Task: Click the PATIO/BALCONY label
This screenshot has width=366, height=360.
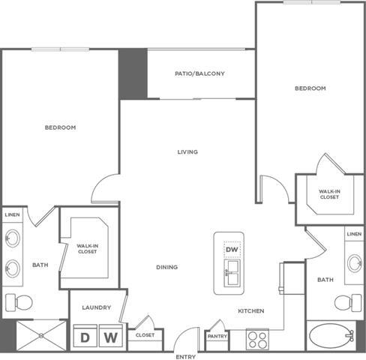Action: point(199,73)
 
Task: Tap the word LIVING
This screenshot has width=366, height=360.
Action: point(187,152)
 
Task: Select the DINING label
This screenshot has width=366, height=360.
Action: point(166,267)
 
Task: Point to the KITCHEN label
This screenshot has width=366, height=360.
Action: point(250,310)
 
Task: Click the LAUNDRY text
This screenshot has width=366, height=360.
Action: point(97,307)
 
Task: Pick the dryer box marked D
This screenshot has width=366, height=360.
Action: point(85,337)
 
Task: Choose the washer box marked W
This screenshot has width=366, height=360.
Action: point(110,337)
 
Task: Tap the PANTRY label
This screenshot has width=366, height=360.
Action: point(217,336)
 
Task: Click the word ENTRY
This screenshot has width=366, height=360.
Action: point(185,355)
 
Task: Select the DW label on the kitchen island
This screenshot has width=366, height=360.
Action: point(232,249)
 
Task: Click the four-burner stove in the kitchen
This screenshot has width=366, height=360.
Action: point(258,340)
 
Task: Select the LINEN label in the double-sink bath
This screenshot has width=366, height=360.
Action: point(12,215)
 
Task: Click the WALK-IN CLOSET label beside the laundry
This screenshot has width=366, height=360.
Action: point(87,248)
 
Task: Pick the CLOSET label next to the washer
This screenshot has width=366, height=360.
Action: point(145,335)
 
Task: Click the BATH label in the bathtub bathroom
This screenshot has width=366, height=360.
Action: point(325,280)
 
